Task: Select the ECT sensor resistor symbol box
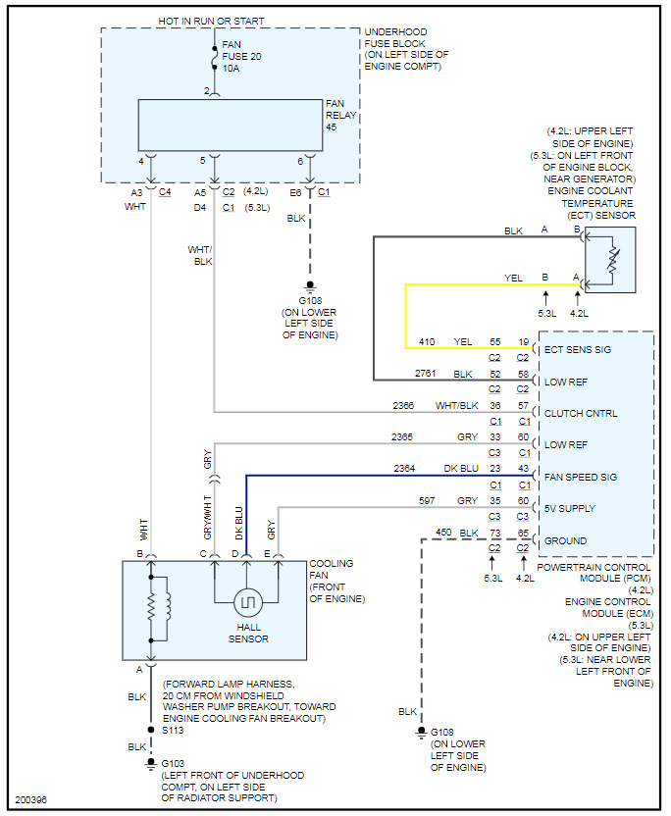[610, 260]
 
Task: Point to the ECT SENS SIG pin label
[579, 349]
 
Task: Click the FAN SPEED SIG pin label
[581, 477]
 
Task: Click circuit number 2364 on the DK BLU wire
[405, 470]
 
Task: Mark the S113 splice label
[172, 730]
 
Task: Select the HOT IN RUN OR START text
[211, 21]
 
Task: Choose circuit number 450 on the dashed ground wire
[443, 533]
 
